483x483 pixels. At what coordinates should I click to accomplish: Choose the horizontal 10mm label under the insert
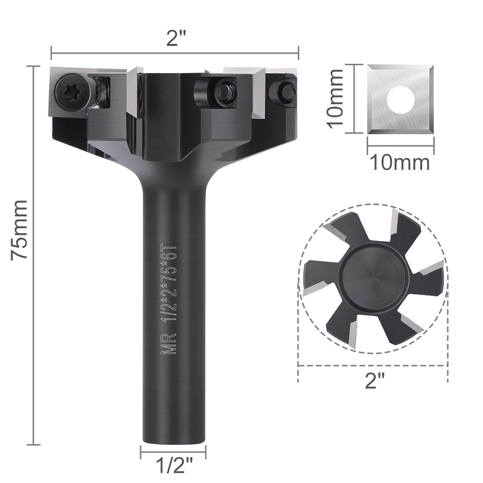[x=399, y=162]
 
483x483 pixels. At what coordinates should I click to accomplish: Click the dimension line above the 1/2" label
[x=173, y=453]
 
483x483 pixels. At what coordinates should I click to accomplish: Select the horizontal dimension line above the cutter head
[x=175, y=52]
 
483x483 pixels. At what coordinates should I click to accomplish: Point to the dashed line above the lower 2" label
[x=371, y=366]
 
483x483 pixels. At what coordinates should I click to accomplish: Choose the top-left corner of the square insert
[x=369, y=68]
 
